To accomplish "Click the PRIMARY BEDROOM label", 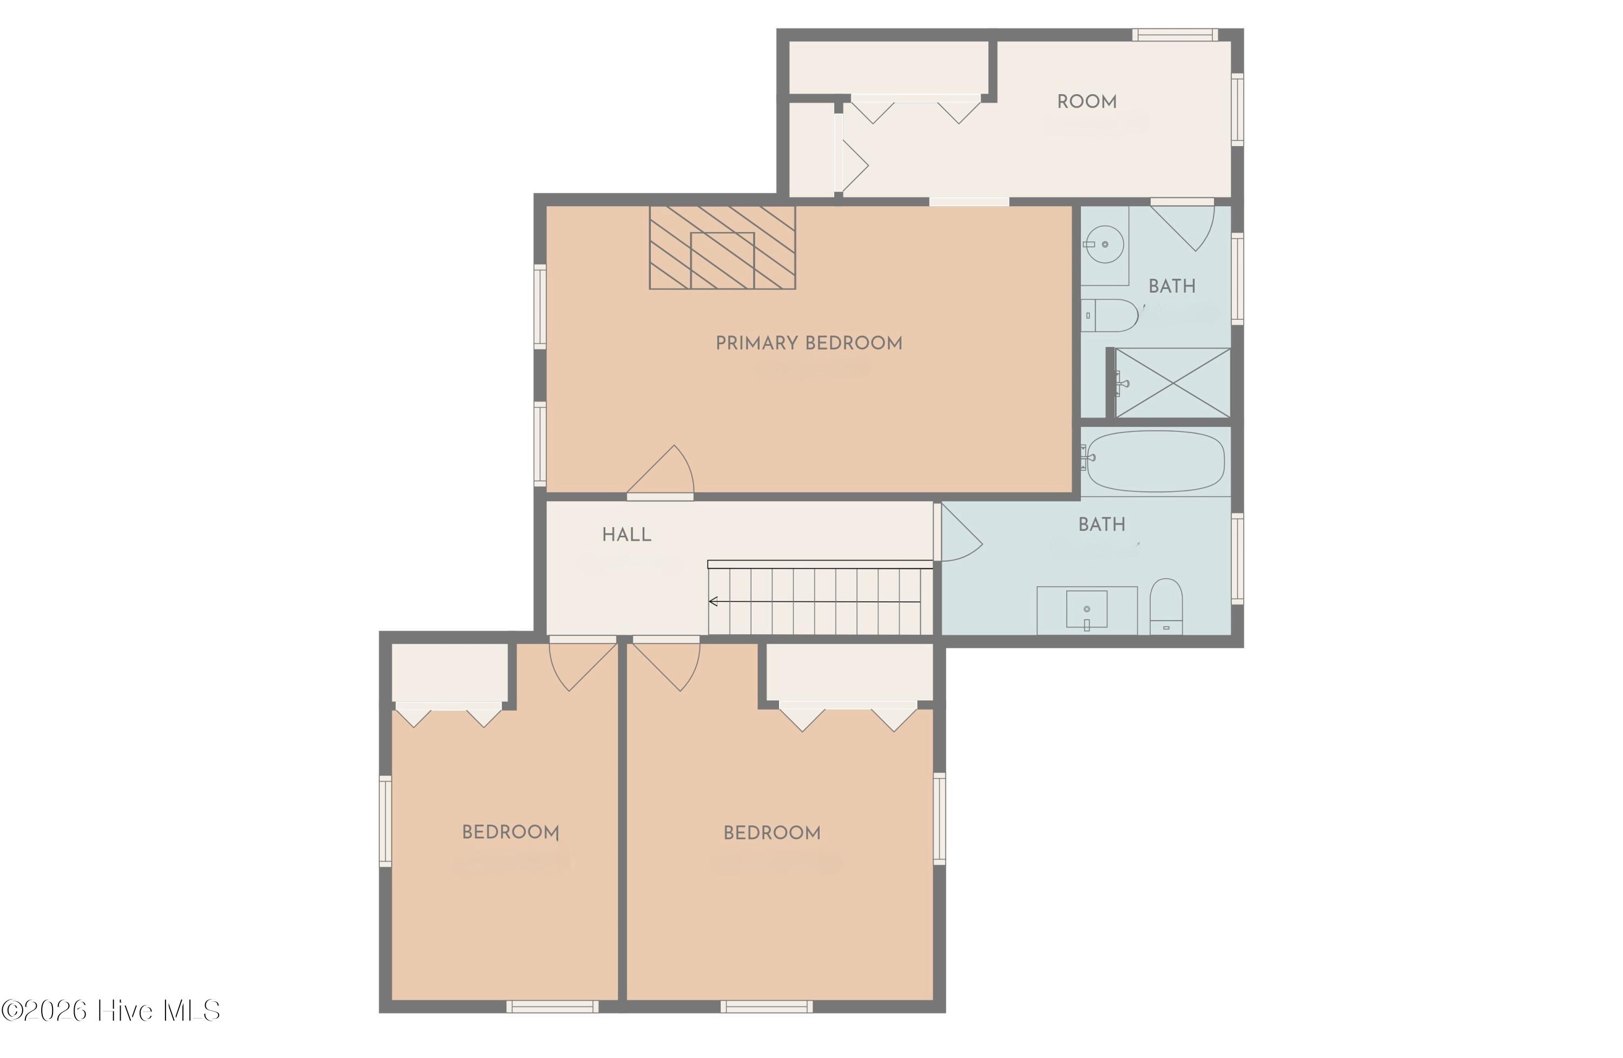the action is click(809, 343).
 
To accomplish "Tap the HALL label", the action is click(626, 535).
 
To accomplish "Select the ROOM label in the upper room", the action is click(1087, 102).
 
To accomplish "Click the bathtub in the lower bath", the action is click(1155, 461).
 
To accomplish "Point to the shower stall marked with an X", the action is click(1172, 383).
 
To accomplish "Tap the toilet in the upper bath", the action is click(1110, 315).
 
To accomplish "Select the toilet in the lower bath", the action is click(1166, 607).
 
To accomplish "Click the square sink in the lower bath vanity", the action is click(1086, 609).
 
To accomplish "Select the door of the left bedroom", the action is click(583, 665).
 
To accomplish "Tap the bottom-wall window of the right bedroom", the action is click(767, 1006).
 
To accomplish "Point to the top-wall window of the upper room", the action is click(1175, 35).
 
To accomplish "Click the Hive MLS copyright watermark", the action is click(110, 1010).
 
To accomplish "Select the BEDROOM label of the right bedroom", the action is click(772, 833).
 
